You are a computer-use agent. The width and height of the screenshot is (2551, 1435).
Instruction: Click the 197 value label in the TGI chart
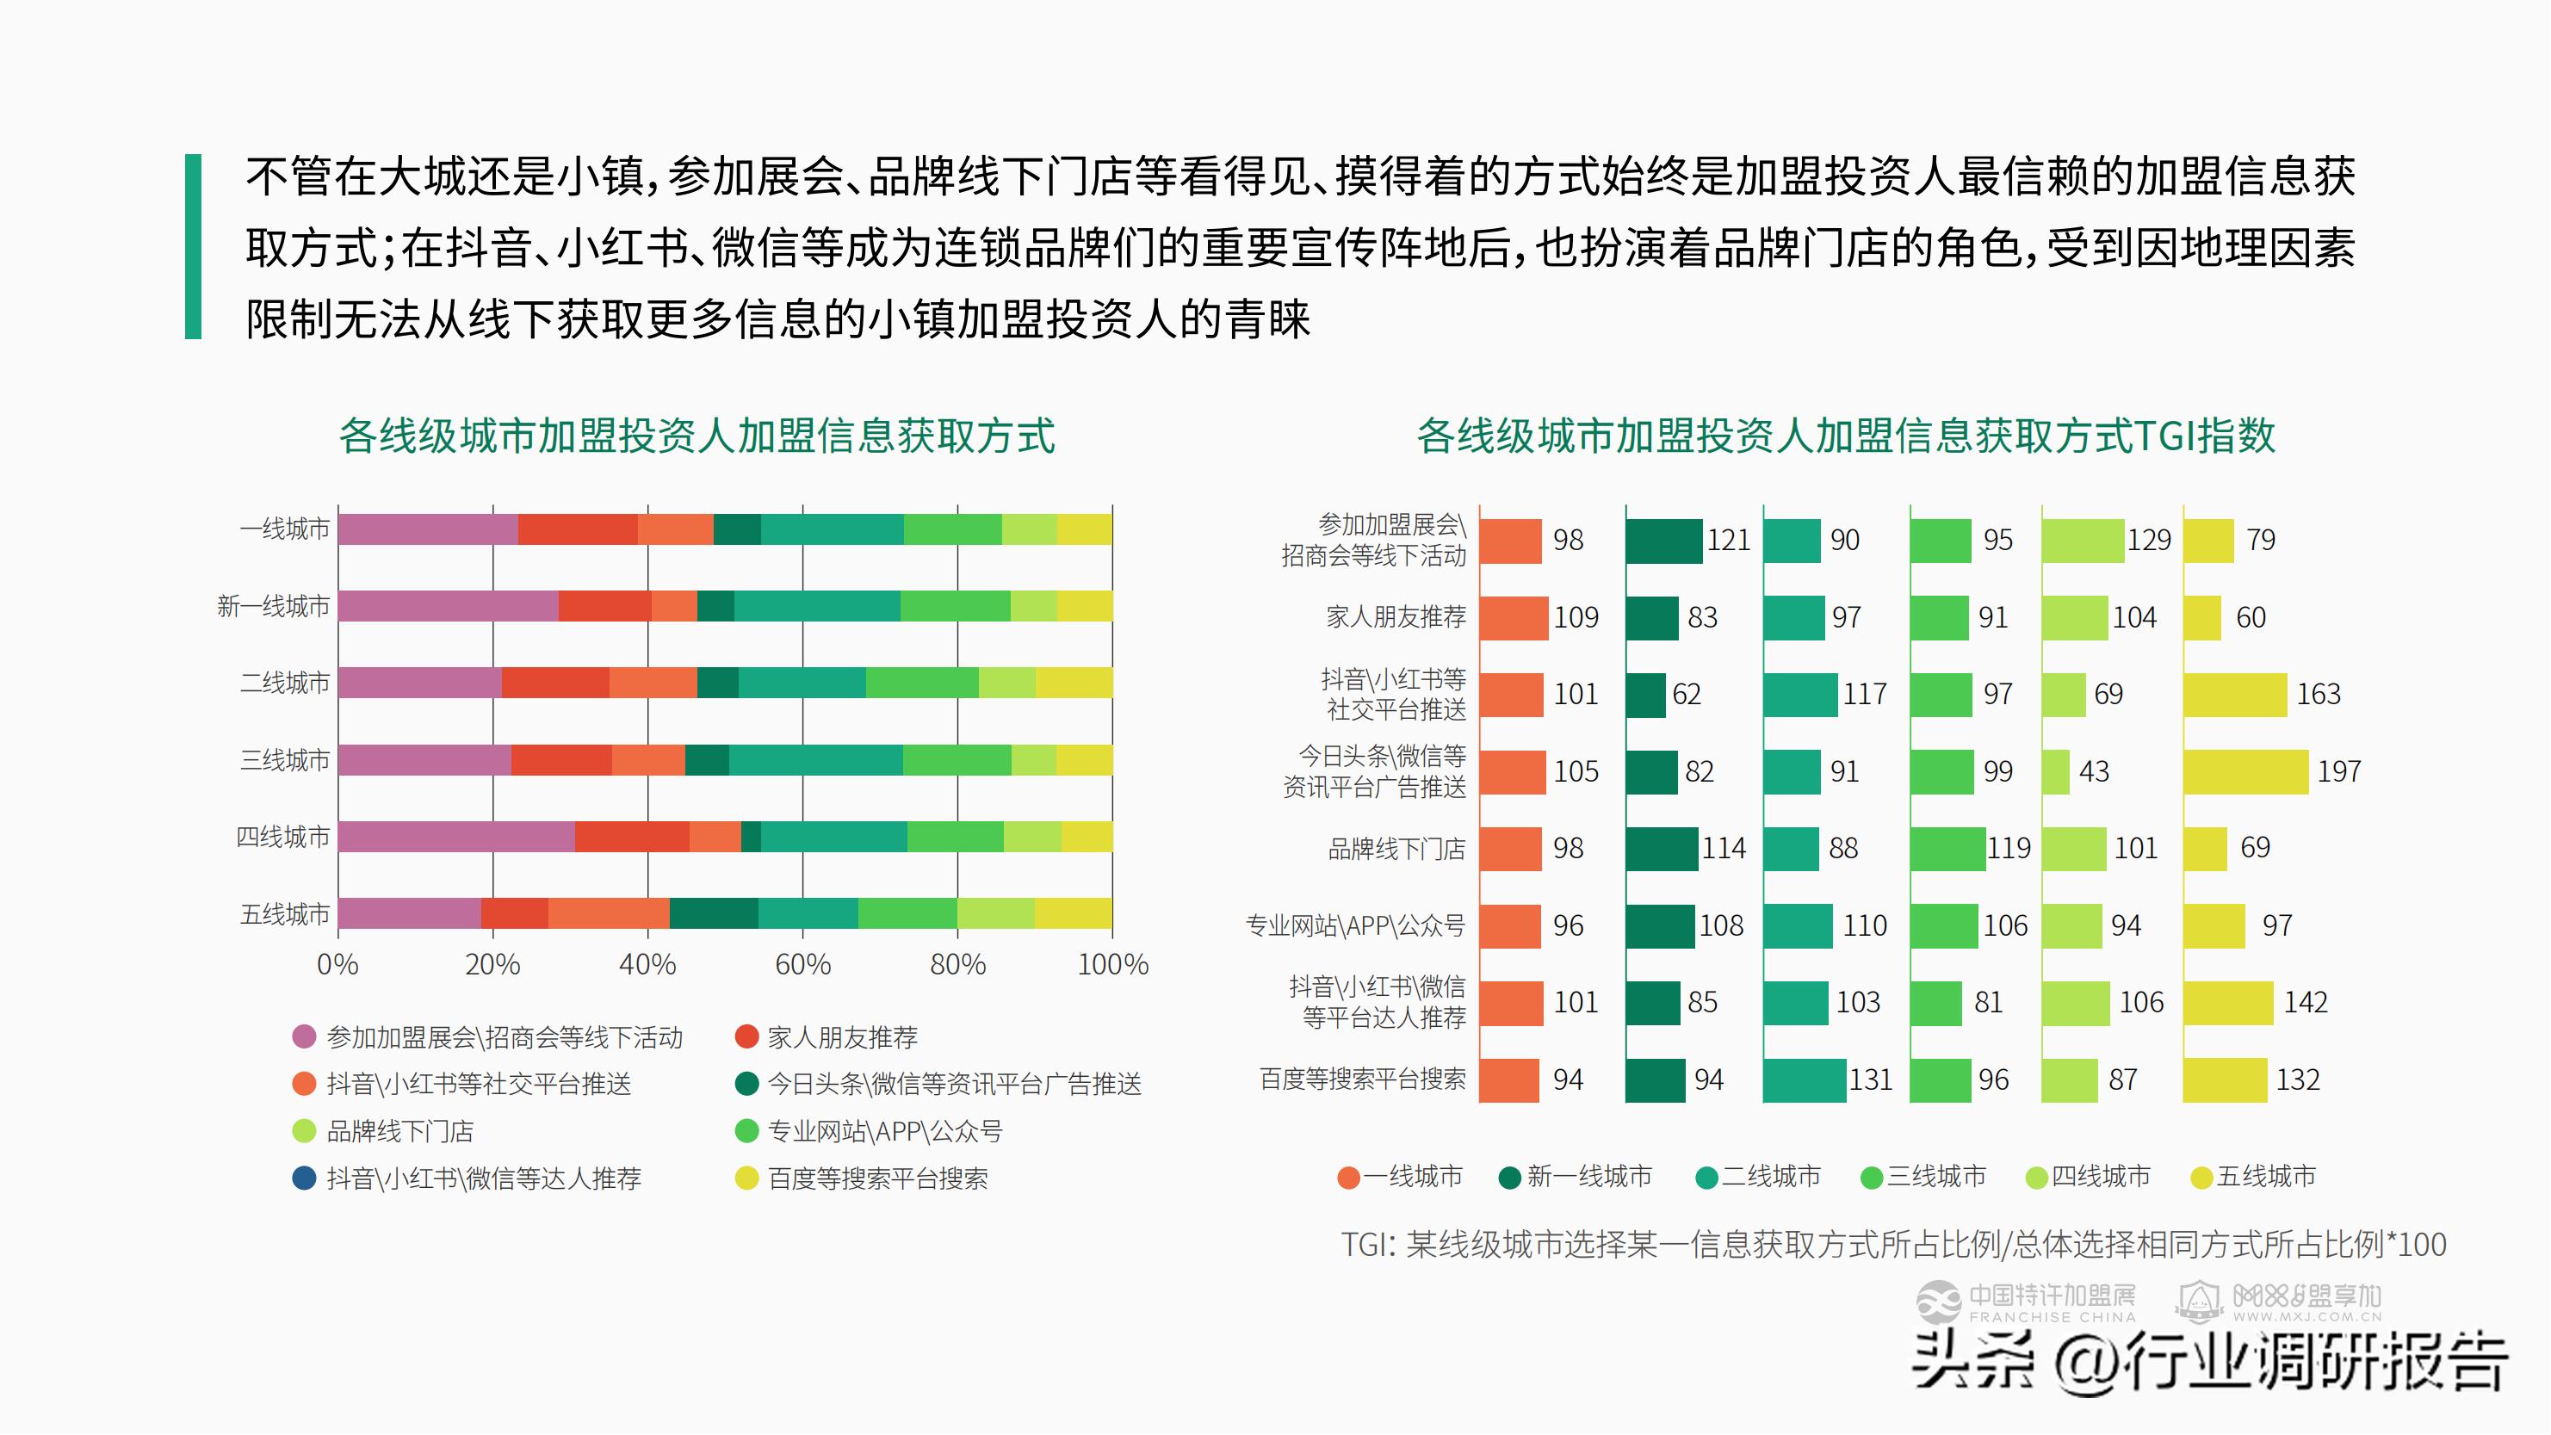pyautogui.click(x=2338, y=770)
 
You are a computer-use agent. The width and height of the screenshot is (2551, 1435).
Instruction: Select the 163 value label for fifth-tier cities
pyautogui.click(x=2319, y=693)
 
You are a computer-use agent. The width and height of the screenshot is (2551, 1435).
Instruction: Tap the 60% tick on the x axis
pyautogui.click(x=802, y=963)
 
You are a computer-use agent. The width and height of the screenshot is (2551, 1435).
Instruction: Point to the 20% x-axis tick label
pyautogui.click(x=492, y=963)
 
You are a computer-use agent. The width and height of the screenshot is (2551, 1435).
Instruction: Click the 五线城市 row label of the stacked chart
pyautogui.click(x=284, y=913)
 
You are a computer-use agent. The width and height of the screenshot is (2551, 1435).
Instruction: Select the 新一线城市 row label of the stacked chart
pyautogui.click(x=273, y=605)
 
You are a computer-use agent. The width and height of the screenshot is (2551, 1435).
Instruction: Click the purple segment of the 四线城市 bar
pyautogui.click(x=455, y=836)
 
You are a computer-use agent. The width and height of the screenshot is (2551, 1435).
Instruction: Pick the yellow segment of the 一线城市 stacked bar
pyautogui.click(x=1085, y=529)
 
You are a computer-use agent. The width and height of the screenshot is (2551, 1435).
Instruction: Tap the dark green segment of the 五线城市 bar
pyautogui.click(x=713, y=913)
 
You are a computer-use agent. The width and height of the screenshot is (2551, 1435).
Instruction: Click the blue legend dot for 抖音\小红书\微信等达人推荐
pyautogui.click(x=304, y=1178)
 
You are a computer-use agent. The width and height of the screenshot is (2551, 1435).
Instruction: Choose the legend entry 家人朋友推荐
pyautogui.click(x=842, y=1037)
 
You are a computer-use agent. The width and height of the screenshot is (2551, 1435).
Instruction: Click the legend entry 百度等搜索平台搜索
pyautogui.click(x=876, y=1178)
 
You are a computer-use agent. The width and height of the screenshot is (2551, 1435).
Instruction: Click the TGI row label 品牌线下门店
pyautogui.click(x=1396, y=849)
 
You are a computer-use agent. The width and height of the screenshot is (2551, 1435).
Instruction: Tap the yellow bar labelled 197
pyautogui.click(x=2245, y=771)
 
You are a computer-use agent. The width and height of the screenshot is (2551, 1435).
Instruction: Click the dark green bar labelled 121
pyautogui.click(x=1663, y=541)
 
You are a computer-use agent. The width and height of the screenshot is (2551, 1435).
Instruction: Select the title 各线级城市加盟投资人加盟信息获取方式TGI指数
pyautogui.click(x=1845, y=436)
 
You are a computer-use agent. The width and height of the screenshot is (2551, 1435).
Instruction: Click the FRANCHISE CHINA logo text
pyautogui.click(x=2052, y=1317)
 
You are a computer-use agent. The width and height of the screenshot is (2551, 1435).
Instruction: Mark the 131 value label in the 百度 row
pyautogui.click(x=1870, y=1079)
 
